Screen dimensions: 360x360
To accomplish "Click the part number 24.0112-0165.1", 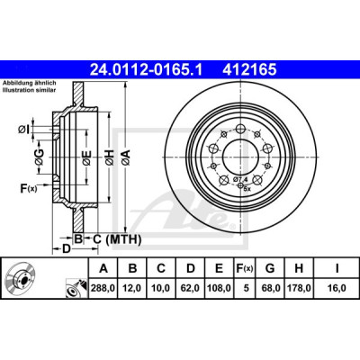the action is [x=147, y=70].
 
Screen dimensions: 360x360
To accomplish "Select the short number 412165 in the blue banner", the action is [x=249, y=70].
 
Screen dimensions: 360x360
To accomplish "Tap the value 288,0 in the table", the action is [x=103, y=288].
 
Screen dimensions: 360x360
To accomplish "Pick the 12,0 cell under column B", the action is [x=132, y=288].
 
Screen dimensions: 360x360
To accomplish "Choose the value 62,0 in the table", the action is [x=191, y=288].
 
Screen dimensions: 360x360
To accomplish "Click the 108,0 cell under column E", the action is [x=219, y=288].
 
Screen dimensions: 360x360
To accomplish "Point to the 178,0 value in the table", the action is [x=299, y=288].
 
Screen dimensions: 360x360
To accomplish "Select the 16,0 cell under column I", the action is [x=337, y=288].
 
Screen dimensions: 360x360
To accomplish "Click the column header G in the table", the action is [x=270, y=268].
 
